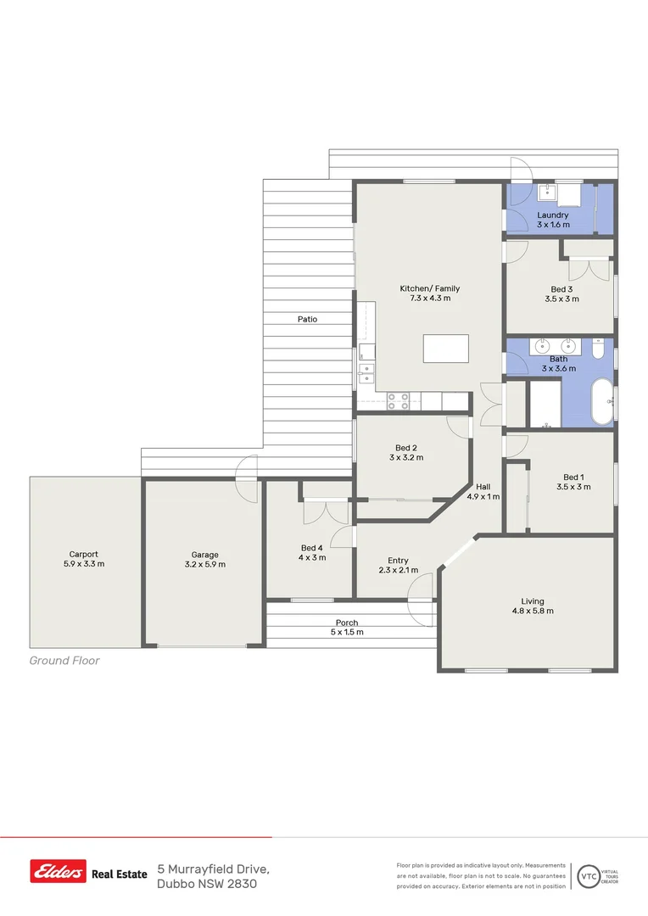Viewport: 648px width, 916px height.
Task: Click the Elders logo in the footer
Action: (59, 871)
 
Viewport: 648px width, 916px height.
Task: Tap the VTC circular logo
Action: (587, 875)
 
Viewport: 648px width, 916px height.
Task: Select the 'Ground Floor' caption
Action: (64, 661)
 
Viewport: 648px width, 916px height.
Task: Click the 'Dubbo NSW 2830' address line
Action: (207, 884)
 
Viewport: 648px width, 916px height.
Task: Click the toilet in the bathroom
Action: (598, 349)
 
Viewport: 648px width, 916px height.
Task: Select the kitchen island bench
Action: (446, 349)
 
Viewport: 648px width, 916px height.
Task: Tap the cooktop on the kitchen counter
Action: (399, 401)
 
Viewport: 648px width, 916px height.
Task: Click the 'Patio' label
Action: (307, 320)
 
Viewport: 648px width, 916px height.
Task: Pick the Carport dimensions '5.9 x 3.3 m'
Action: (84, 564)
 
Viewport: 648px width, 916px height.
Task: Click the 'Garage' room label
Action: (204, 555)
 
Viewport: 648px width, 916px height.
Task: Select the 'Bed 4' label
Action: (311, 548)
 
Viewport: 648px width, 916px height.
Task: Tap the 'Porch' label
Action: (347, 623)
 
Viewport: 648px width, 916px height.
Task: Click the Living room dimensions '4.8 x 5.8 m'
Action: (532, 611)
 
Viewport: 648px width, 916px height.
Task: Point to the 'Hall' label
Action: (483, 487)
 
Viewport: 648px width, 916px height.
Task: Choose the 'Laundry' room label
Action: (552, 215)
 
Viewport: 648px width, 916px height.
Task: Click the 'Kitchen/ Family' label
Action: (430, 288)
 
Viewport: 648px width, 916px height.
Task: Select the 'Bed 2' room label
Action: (405, 448)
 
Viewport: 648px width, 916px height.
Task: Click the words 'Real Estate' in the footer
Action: (119, 873)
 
